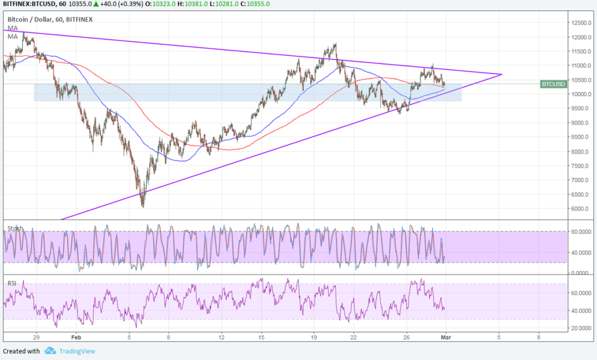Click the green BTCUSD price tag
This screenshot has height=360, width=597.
[x=553, y=84]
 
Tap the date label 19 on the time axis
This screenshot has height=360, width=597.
[x=314, y=337]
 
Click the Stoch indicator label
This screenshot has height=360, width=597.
[x=16, y=228]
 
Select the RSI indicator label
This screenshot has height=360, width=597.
[x=12, y=284]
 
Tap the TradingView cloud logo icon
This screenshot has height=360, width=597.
[x=50, y=351]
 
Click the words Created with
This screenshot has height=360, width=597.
[x=22, y=351]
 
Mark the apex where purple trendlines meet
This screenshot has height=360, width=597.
[x=501, y=75]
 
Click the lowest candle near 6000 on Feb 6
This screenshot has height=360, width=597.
[x=142, y=206]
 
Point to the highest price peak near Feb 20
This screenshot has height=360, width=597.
[x=335, y=44]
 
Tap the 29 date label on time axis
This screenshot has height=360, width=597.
[x=36, y=337]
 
